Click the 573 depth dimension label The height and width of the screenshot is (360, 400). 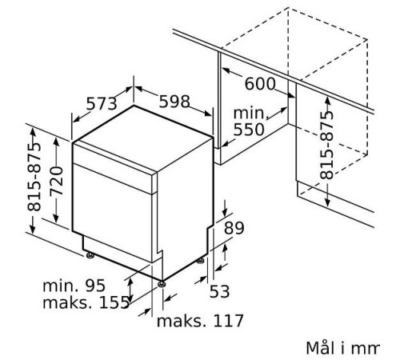point(101,103)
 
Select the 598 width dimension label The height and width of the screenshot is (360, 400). point(174,102)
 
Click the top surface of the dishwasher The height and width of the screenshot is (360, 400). point(144,132)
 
